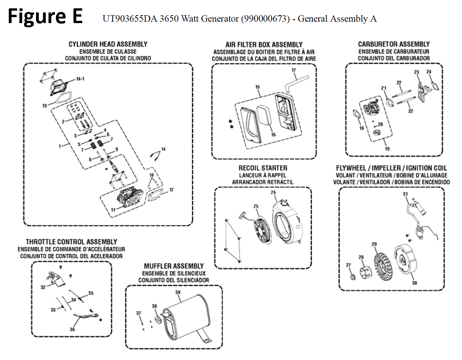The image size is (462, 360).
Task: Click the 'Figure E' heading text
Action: pyautogui.click(x=45, y=17)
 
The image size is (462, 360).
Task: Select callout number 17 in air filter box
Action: pyautogui.click(x=293, y=70)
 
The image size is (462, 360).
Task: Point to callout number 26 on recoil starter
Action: pyautogui.click(x=274, y=192)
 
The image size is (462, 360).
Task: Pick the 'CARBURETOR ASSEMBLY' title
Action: pyautogui.click(x=394, y=44)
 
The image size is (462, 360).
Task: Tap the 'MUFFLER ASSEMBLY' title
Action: pyautogui.click(x=174, y=266)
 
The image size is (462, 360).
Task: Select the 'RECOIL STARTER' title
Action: pyautogui.click(x=263, y=168)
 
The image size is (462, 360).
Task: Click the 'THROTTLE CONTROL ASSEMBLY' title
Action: pyautogui.click(x=72, y=242)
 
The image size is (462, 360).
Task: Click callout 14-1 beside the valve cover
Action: pyautogui.click(x=80, y=79)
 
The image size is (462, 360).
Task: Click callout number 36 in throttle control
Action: pyautogui.click(x=72, y=329)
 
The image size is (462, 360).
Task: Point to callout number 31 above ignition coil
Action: pyautogui.click(x=405, y=194)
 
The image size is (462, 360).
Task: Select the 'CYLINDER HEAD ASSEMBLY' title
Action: pyautogui.click(x=108, y=44)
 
